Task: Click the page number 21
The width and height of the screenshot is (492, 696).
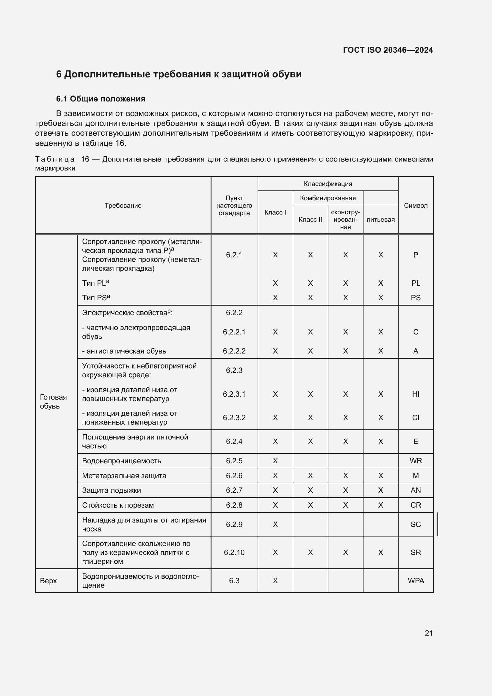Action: tap(428, 633)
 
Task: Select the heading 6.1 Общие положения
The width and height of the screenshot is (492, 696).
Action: tap(101, 99)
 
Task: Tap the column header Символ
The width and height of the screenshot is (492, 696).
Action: tap(415, 206)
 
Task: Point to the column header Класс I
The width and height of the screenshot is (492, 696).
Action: tap(275, 212)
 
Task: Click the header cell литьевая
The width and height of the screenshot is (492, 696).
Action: tap(380, 220)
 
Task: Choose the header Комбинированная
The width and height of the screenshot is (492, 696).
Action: tap(328, 198)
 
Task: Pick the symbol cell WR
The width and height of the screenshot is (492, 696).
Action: tap(415, 461)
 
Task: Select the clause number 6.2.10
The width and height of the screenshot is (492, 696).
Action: tap(234, 553)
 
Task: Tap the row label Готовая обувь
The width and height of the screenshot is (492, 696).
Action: tap(53, 402)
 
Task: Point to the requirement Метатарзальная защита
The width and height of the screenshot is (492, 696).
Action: tap(124, 476)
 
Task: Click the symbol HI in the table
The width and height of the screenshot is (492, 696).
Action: tap(415, 394)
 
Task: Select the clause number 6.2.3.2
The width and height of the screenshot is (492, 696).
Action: tap(234, 418)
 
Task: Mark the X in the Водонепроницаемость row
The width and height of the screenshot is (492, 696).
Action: tap(275, 461)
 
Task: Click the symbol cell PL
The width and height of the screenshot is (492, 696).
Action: tap(415, 283)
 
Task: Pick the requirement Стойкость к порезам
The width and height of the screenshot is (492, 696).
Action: tap(117, 505)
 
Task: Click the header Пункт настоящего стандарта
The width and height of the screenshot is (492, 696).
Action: tap(234, 206)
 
